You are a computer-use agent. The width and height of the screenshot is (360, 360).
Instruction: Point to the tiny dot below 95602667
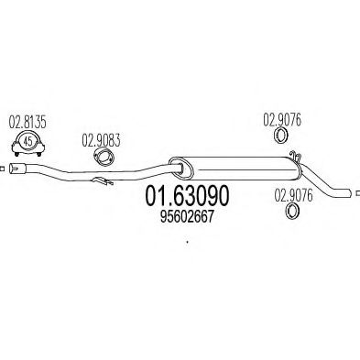186,243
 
